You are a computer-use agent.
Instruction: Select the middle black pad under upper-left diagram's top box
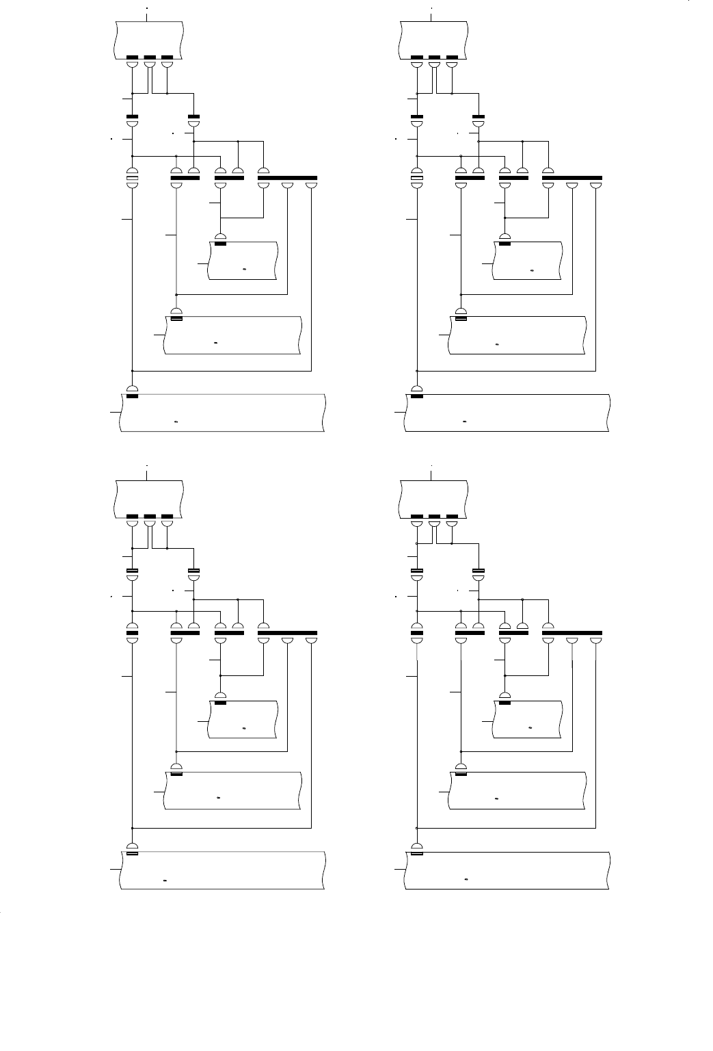coord(150,57)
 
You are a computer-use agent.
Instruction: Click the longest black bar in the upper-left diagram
coord(287,178)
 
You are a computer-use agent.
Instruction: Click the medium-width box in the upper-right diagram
coord(517,335)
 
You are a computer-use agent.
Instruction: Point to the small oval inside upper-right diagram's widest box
coord(465,421)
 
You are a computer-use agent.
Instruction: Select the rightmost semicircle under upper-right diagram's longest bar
coord(596,185)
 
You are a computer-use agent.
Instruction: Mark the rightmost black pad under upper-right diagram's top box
coord(451,57)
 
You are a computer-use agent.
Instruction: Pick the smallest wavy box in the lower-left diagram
coord(243,720)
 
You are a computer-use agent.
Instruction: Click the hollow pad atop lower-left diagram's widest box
coord(133,853)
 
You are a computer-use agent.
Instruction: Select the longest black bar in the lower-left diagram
coord(287,632)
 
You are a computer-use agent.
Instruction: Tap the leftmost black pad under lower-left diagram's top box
coord(133,516)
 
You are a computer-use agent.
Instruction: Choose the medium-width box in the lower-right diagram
coord(517,790)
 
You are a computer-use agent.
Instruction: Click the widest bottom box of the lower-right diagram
coord(507,871)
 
